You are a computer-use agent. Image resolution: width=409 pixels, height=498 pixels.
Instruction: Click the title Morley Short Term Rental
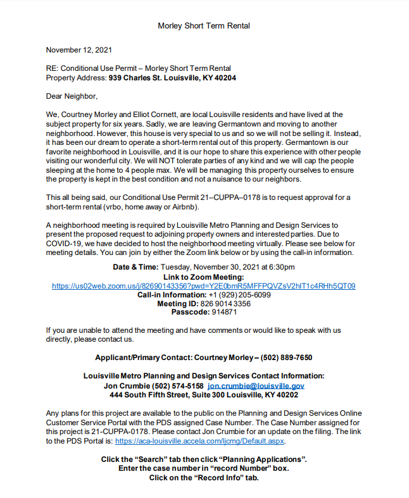point(204,26)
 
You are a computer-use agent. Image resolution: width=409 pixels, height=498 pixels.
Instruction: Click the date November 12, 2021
point(80,49)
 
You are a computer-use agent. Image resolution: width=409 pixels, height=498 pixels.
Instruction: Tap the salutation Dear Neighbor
point(72,96)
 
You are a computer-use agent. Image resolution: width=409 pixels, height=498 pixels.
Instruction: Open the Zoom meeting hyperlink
point(204,286)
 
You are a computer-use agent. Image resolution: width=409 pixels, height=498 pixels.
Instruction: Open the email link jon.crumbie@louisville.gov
point(256,385)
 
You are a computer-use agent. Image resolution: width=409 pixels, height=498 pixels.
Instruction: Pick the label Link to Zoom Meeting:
point(203,277)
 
